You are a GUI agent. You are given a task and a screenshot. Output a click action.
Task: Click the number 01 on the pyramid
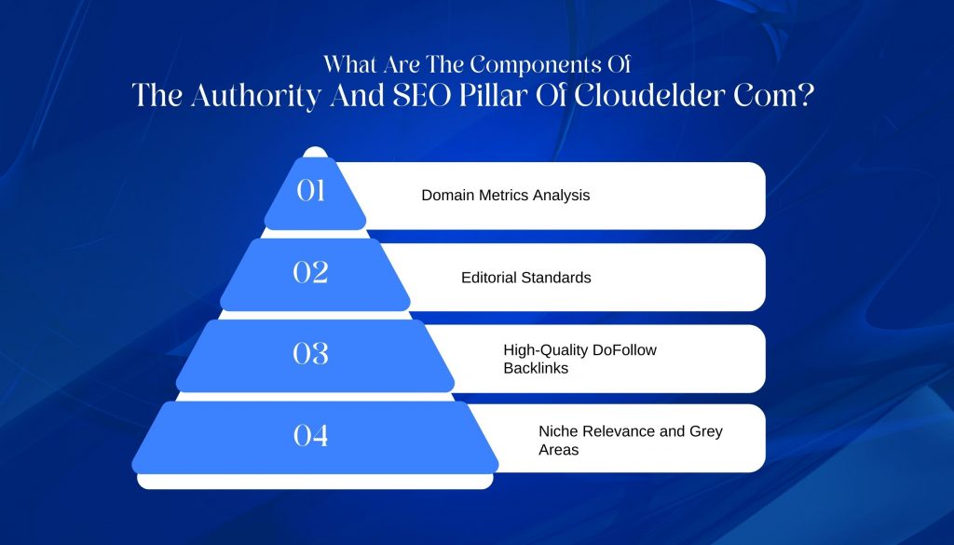(x=310, y=191)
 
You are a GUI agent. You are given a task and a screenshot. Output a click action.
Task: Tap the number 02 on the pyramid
(x=310, y=272)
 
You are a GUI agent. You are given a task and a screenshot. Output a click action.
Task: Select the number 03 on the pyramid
(x=310, y=353)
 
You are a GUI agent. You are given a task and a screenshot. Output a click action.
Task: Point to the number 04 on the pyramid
(x=310, y=435)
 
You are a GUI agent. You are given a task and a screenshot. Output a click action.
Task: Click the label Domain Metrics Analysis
(x=506, y=196)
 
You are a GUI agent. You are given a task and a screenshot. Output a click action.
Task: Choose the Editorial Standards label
(x=526, y=278)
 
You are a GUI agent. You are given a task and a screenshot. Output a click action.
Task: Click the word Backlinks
(x=536, y=368)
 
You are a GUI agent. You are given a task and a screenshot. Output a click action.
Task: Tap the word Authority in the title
(x=255, y=97)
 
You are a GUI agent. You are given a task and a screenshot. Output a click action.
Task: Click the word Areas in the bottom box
(x=559, y=450)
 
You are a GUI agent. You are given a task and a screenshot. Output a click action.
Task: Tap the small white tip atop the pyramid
(x=315, y=152)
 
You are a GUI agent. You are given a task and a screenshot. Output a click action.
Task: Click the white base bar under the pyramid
(x=315, y=482)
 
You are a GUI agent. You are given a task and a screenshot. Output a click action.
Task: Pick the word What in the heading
(x=345, y=64)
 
